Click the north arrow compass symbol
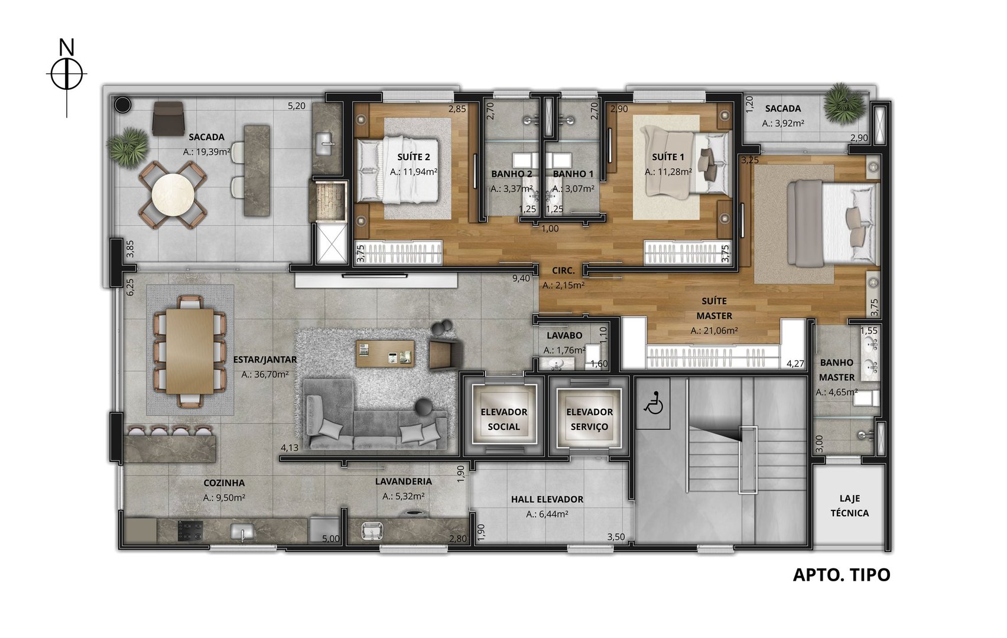pos(67,74)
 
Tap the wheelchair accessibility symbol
pos(653,402)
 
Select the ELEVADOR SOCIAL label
pos(504,419)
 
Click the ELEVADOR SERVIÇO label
pos(589,419)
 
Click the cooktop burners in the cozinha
pos(190,530)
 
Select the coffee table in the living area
pos(385,354)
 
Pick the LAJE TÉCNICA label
pos(850,506)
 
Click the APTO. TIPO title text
pos(842,575)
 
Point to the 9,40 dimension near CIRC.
pos(521,278)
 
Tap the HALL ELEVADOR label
pos(547,499)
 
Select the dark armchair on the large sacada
pos(168,118)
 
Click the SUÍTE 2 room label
pos(414,157)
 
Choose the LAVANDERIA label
pos(404,481)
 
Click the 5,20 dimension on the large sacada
pos(297,106)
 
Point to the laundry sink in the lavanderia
pos(372,530)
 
